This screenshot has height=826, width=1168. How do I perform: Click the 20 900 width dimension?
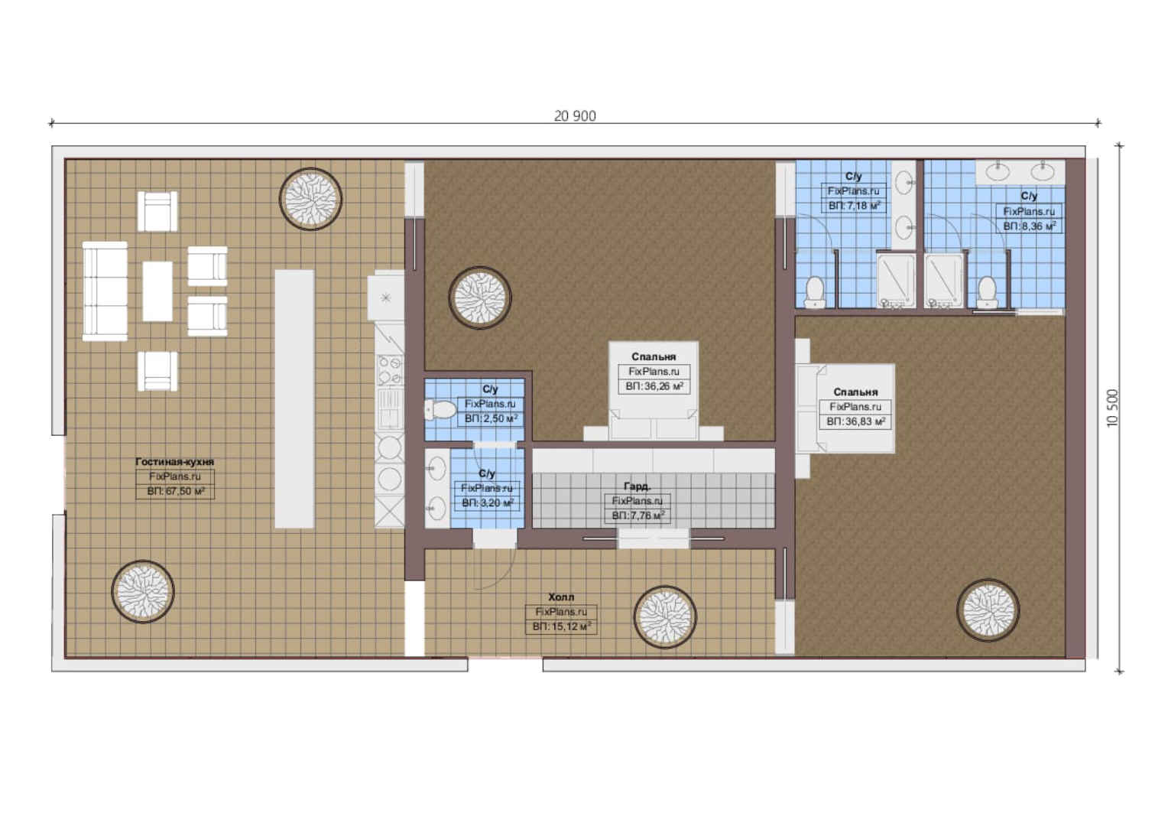click(575, 115)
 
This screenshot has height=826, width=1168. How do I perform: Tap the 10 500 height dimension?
click(1113, 408)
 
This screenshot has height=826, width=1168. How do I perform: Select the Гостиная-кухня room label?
click(175, 462)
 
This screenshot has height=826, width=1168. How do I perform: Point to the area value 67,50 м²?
click(175, 491)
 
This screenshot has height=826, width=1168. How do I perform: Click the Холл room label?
click(561, 597)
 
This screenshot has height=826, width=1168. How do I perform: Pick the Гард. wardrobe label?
click(638, 486)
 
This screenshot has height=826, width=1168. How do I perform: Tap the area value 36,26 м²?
click(654, 387)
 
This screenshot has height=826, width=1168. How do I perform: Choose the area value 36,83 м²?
click(855, 421)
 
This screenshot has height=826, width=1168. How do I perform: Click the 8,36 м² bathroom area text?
click(1030, 226)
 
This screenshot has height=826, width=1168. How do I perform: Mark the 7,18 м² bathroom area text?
click(854, 206)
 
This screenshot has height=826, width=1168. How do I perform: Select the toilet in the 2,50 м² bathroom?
click(440, 410)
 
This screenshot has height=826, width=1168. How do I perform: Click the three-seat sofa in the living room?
click(105, 291)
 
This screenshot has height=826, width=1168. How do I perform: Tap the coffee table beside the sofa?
click(157, 291)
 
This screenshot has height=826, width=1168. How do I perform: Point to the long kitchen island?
click(294, 399)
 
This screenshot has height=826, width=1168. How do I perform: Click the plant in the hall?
click(665, 617)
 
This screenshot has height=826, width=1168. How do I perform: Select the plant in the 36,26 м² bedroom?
click(480, 298)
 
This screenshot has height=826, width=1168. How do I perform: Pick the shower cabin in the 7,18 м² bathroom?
click(896, 280)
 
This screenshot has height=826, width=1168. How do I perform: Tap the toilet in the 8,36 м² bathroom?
click(987, 292)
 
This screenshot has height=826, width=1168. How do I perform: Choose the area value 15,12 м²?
click(562, 626)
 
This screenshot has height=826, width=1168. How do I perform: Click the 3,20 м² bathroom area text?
click(488, 503)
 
